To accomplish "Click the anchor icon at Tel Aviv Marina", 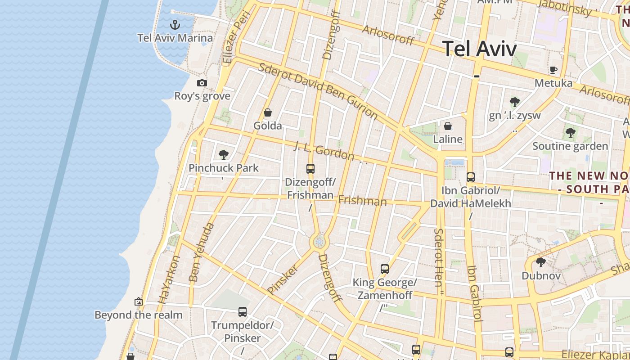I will point(175,24).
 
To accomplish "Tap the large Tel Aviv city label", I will point(479,49).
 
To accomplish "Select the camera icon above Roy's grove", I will point(202,83).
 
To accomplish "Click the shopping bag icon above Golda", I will point(268,112).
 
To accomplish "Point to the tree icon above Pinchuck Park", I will point(223,155).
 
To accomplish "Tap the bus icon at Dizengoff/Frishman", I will point(310,169).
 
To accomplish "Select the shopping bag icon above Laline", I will point(448,126).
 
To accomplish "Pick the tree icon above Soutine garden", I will point(571,133).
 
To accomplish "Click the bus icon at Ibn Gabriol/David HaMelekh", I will point(471,177).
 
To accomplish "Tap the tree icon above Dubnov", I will point(541,262).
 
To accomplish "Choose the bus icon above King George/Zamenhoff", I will point(385,269).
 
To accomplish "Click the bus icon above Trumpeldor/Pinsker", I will point(243,311).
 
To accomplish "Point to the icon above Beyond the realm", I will point(139,301).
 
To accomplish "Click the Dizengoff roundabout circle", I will point(319,243).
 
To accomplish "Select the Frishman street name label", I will point(362,201).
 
